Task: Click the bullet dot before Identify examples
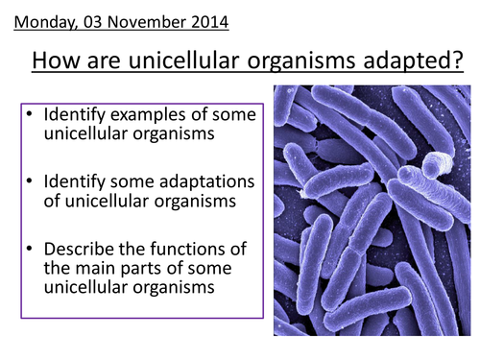pyautogui.click(x=31, y=114)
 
